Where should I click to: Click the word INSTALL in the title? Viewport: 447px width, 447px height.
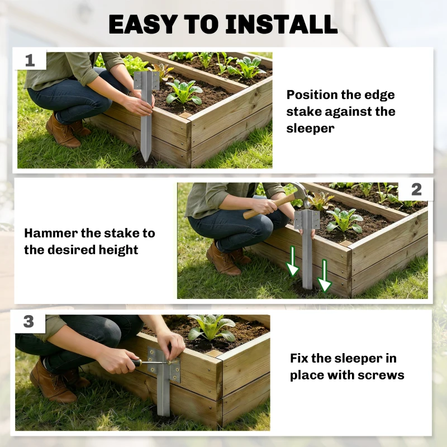(x=282, y=24)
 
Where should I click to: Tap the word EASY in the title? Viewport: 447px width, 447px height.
(x=142, y=24)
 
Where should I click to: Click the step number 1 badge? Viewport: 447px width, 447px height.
(x=30, y=60)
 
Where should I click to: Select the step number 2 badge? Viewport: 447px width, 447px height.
(x=416, y=189)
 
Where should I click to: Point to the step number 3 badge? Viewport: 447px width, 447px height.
(x=28, y=322)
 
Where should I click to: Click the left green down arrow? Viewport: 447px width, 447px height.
(x=292, y=261)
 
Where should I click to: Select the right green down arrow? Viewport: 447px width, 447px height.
(x=325, y=276)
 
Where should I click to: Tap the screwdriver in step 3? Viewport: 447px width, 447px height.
(x=150, y=363)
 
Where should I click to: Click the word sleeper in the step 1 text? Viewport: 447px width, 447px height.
(x=310, y=128)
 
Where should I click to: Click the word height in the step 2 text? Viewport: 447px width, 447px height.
(x=118, y=250)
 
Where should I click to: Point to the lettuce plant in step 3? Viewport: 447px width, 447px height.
(x=211, y=328)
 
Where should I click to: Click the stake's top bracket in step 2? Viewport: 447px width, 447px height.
(x=307, y=220)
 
